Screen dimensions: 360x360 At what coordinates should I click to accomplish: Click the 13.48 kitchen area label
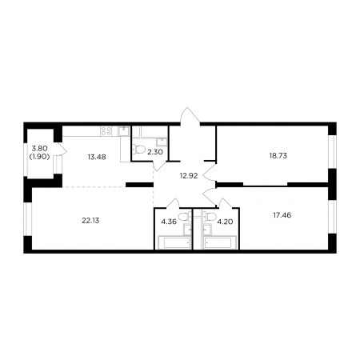click(x=97, y=157)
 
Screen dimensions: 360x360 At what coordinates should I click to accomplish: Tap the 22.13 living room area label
click(x=90, y=221)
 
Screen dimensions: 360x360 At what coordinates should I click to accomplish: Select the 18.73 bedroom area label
click(x=278, y=156)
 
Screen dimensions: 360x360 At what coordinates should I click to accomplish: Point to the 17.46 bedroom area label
click(x=282, y=215)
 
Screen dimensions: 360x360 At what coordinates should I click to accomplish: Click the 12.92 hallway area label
click(x=189, y=176)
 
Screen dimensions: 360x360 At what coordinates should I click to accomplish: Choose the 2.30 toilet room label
click(x=155, y=152)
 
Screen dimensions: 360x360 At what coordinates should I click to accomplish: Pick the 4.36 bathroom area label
click(x=169, y=222)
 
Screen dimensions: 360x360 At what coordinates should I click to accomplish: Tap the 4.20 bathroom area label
click(x=225, y=222)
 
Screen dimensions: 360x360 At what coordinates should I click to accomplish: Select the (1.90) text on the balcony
click(x=39, y=157)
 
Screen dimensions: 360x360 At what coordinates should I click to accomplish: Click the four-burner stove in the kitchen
click(x=106, y=131)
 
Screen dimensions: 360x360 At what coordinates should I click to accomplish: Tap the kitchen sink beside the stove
click(x=124, y=130)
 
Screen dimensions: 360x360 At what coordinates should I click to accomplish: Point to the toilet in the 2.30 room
click(x=138, y=149)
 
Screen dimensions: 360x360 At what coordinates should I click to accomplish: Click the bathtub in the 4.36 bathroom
click(x=174, y=242)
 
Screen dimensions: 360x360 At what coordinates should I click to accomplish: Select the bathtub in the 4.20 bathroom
click(x=220, y=242)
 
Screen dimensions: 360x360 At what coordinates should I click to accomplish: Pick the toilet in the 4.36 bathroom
click(x=185, y=216)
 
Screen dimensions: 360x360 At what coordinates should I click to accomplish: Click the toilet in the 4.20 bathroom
click(x=210, y=216)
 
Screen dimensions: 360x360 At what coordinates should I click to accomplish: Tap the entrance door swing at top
click(x=190, y=116)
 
